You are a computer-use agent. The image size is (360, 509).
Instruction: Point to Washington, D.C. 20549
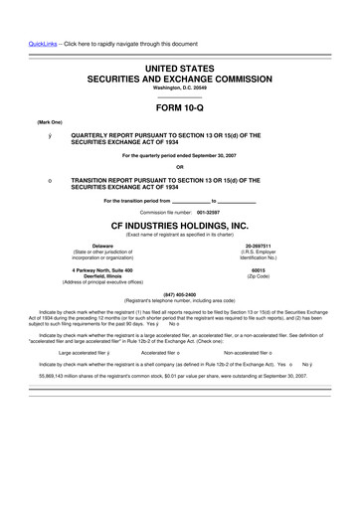(x=180, y=86)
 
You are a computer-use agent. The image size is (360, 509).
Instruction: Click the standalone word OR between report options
(x=180, y=166)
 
